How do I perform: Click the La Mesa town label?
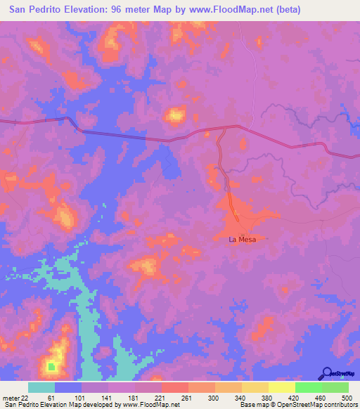243,240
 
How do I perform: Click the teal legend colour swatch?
41,387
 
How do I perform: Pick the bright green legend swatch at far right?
335,387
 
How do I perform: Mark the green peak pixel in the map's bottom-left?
51,365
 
